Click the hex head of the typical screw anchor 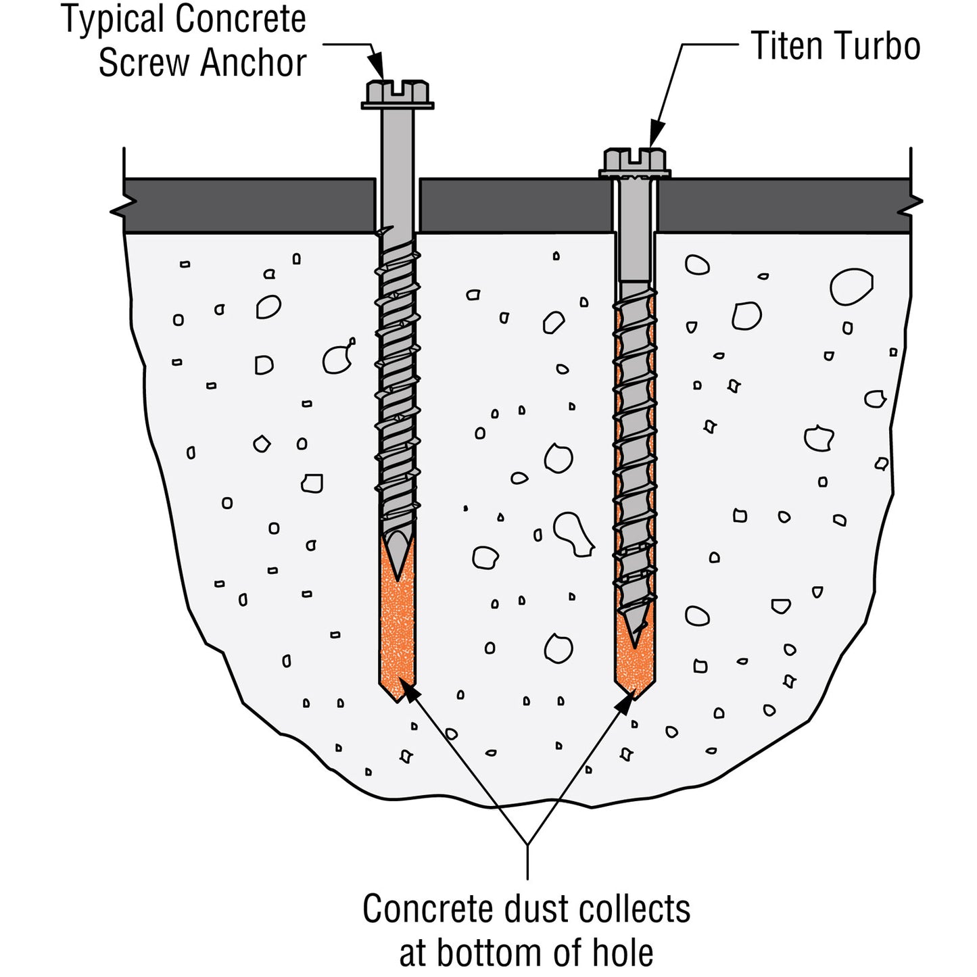pyautogui.click(x=398, y=93)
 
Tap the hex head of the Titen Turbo pyautogui.click(x=634, y=162)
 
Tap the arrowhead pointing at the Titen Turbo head pyautogui.click(x=655, y=135)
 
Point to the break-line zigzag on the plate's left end pyautogui.click(x=123, y=208)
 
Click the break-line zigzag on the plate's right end pyautogui.click(x=911, y=207)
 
